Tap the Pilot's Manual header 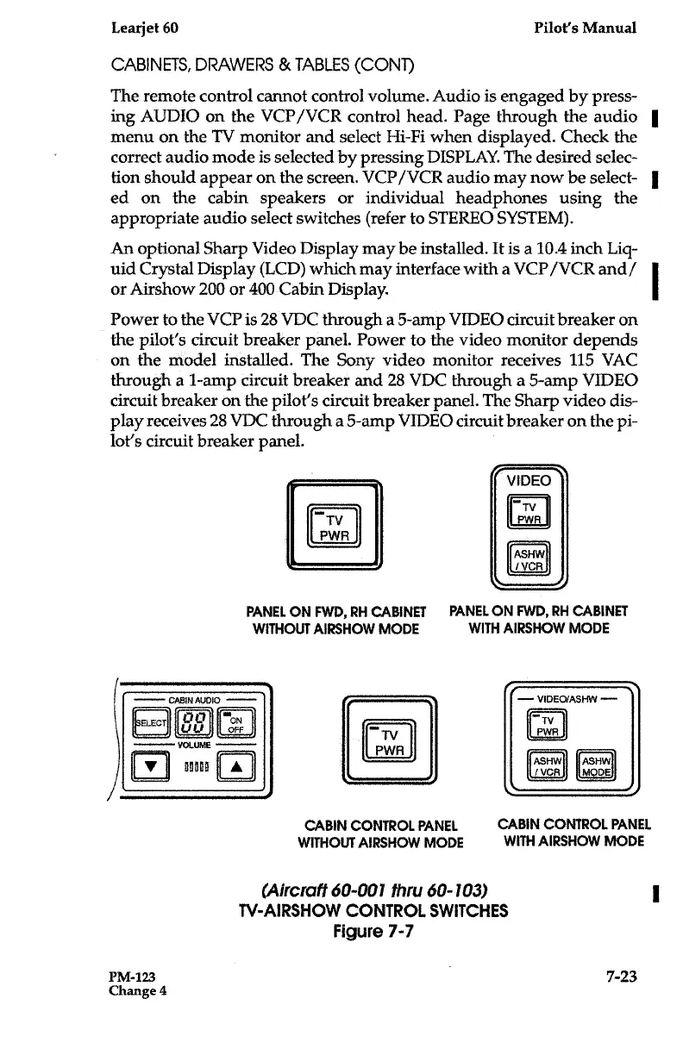(586, 28)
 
